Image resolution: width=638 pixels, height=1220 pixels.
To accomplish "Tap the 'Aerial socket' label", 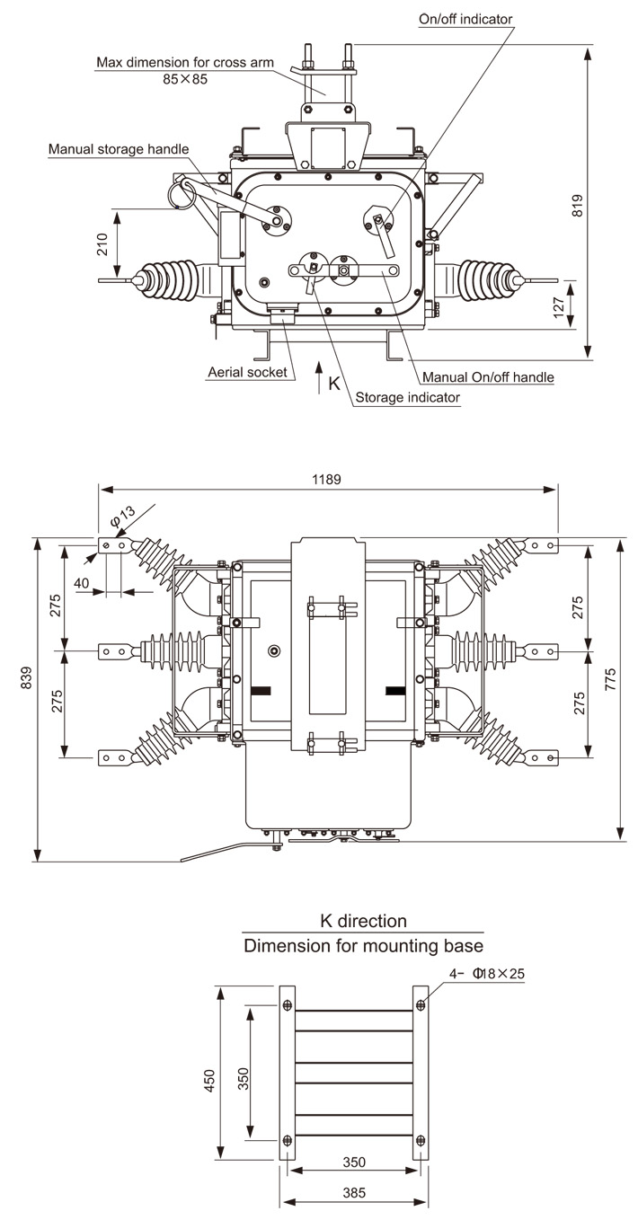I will (x=246, y=372).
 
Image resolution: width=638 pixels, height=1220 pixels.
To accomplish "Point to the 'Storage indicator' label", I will (x=407, y=397).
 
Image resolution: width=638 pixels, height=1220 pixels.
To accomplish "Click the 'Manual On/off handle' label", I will (x=488, y=376).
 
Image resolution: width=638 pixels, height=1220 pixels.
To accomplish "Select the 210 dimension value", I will (x=103, y=244).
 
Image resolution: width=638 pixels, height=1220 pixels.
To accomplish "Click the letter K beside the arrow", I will (x=334, y=383).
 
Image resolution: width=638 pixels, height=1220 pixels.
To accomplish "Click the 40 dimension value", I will (x=82, y=583).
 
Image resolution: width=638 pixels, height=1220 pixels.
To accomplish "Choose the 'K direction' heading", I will (x=363, y=921).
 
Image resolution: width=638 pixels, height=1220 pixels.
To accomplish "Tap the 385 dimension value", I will (x=355, y=1194).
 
